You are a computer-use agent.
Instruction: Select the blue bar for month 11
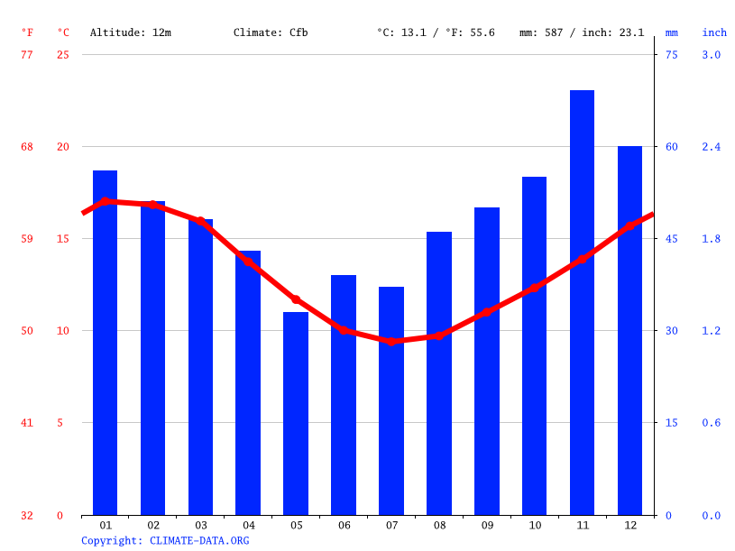click(582, 302)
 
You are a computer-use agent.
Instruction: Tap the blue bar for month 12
click(629, 330)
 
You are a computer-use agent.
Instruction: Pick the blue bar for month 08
click(439, 373)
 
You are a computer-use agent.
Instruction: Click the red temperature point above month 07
click(391, 341)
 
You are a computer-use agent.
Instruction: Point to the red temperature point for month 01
click(106, 201)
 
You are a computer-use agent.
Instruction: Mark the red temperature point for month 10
click(535, 287)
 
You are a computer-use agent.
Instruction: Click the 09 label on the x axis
click(487, 525)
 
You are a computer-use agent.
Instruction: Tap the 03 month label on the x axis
click(200, 525)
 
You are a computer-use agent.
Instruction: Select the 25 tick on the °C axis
click(63, 55)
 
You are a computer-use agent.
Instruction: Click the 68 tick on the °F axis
click(27, 147)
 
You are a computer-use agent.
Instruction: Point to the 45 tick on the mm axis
click(672, 239)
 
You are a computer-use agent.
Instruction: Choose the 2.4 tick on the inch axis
click(712, 147)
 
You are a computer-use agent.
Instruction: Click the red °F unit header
click(27, 32)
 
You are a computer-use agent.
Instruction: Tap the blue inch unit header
click(714, 32)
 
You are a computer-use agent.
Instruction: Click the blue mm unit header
click(672, 32)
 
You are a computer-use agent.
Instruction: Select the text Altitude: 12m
click(131, 32)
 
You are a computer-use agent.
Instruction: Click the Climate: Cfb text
click(271, 32)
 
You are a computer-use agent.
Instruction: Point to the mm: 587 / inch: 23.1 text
click(582, 32)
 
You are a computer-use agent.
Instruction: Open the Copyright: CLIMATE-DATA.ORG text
click(165, 540)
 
